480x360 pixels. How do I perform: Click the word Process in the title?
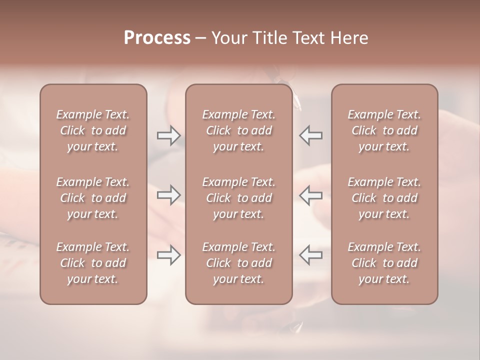(x=157, y=38)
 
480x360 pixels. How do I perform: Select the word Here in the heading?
(x=349, y=38)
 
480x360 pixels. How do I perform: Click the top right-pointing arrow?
(x=168, y=135)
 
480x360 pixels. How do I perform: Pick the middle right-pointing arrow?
(x=168, y=195)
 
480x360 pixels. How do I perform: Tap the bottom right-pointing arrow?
(x=168, y=255)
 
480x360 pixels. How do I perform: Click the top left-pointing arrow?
(x=311, y=135)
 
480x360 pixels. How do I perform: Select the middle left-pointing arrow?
(x=311, y=195)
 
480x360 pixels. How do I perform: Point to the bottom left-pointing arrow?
(x=311, y=255)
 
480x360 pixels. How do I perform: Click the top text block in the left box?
(x=93, y=130)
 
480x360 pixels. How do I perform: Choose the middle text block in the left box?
(x=93, y=198)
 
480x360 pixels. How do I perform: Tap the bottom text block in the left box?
(x=93, y=263)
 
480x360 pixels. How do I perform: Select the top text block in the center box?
(x=238, y=130)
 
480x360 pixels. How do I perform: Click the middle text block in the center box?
(x=238, y=198)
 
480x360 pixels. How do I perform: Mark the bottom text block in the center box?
(x=238, y=263)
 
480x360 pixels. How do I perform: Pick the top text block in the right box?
(x=384, y=130)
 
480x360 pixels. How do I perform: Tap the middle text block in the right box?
(x=384, y=198)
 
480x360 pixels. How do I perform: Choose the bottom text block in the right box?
(x=384, y=263)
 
